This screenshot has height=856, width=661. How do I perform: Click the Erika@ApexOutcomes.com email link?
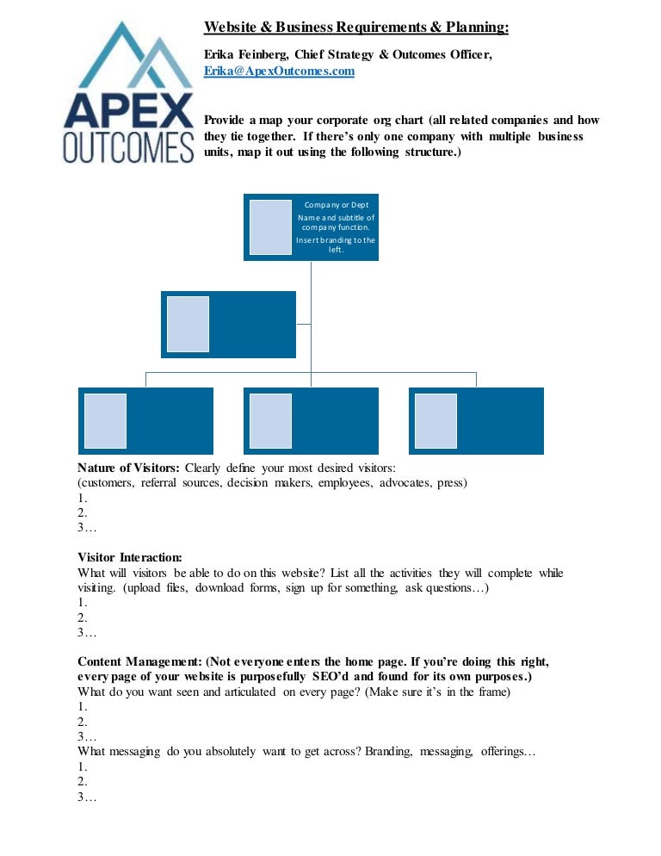(x=279, y=71)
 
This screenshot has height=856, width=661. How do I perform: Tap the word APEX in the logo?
(x=129, y=111)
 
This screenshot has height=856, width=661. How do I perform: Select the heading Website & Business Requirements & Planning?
(x=355, y=28)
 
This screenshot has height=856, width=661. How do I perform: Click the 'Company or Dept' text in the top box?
(x=337, y=205)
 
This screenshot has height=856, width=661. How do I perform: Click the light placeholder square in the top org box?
(x=270, y=227)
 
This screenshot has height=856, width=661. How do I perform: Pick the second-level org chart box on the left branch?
(x=228, y=325)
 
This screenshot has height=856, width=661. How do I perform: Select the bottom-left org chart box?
(x=145, y=421)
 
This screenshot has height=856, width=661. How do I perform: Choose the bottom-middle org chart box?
(x=311, y=421)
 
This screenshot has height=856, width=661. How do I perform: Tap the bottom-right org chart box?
(x=477, y=421)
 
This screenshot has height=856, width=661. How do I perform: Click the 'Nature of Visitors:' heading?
(x=128, y=468)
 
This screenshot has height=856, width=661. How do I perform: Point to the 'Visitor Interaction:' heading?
(x=130, y=557)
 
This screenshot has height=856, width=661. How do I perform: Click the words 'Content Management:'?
(x=139, y=661)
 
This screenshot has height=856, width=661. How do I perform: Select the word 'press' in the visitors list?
(x=450, y=483)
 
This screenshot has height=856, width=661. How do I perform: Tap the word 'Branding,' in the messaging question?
(x=389, y=752)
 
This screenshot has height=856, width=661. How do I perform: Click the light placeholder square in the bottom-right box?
(x=436, y=421)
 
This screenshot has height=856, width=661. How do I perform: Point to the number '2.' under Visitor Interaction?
(x=83, y=617)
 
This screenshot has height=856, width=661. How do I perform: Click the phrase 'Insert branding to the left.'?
(x=336, y=245)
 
